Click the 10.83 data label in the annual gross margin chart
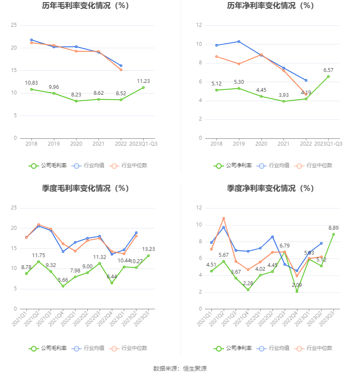tap(31, 83)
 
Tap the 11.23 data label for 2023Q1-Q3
tap(143, 81)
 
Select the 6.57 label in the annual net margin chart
tap(329, 70)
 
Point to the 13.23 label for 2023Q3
tap(148, 249)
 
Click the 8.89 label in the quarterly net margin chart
tap(333, 228)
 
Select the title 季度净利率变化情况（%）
tap(270, 188)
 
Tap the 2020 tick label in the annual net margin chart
tap(261, 144)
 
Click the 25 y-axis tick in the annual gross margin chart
tap(14, 25)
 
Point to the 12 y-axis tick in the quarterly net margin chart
tap(199, 208)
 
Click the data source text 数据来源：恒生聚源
tap(180, 369)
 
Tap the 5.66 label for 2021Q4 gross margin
tap(63, 280)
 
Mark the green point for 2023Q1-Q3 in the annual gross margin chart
tap(143, 88)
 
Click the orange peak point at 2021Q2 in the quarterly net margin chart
tap(224, 218)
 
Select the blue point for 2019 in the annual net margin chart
tap(239, 41)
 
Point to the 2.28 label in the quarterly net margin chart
tap(248, 283)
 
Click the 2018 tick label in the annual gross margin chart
tap(31, 144)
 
